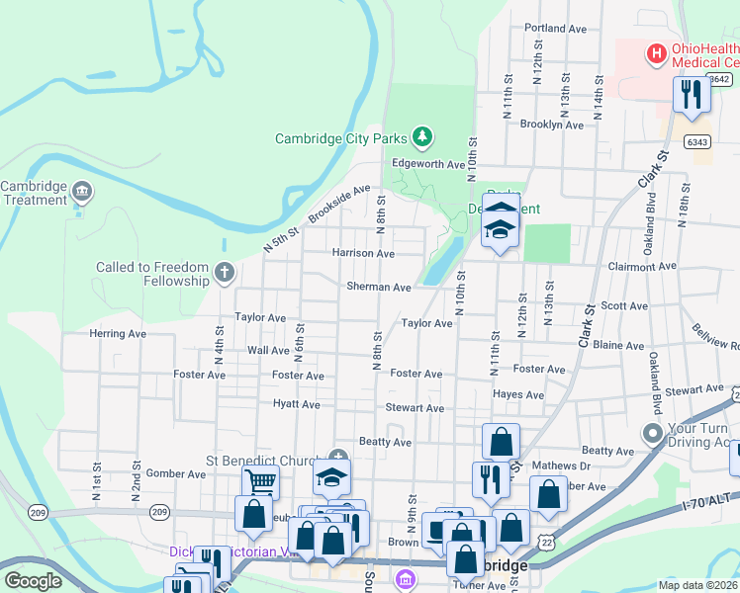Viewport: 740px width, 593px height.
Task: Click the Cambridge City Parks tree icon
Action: pyautogui.click(x=422, y=135)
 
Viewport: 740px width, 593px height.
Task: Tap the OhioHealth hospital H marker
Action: pyautogui.click(x=654, y=53)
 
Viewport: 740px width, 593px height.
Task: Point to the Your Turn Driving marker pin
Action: pyautogui.click(x=652, y=433)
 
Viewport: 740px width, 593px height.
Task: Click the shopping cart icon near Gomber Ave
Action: pyautogui.click(x=261, y=482)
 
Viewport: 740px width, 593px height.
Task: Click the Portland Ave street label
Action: pyautogui.click(x=556, y=28)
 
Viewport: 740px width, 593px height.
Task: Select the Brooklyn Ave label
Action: pyautogui.click(x=552, y=125)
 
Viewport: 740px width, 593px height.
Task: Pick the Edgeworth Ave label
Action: pyautogui.click(x=427, y=164)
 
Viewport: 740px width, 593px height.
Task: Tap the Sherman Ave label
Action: pyautogui.click(x=378, y=287)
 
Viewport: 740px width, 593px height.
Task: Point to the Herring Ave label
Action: pyautogui.click(x=118, y=334)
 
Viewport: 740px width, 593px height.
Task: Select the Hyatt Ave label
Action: pyautogui.click(x=297, y=404)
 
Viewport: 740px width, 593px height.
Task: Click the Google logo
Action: pyautogui.click(x=34, y=581)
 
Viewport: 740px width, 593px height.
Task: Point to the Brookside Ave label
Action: pyautogui.click(x=338, y=203)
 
